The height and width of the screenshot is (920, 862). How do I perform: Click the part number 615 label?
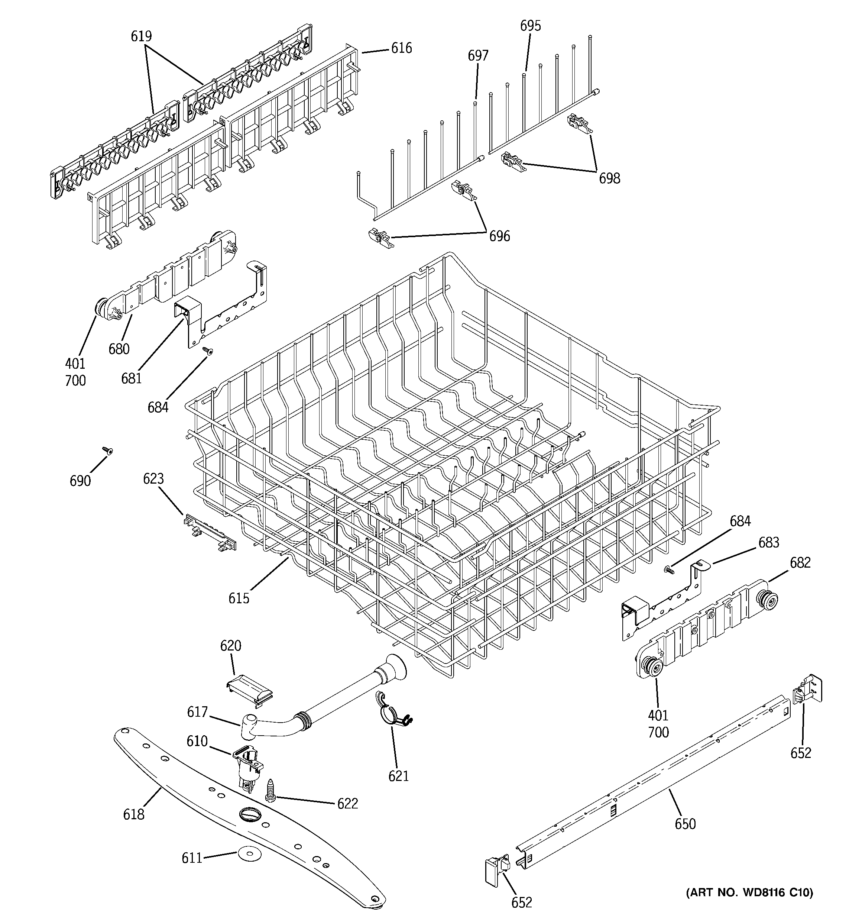pyautogui.click(x=239, y=598)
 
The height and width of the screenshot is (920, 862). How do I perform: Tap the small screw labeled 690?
pyautogui.click(x=107, y=450)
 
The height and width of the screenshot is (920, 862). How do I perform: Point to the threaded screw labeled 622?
pyautogui.click(x=270, y=790)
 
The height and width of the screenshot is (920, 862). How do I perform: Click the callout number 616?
pyautogui.click(x=401, y=48)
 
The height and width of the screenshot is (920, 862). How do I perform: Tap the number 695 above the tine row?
pyautogui.click(x=530, y=26)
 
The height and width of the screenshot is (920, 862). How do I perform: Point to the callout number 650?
pyautogui.click(x=685, y=824)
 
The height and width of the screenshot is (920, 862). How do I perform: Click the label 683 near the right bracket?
pyautogui.click(x=768, y=542)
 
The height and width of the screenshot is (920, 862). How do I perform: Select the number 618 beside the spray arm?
pyautogui.click(x=134, y=814)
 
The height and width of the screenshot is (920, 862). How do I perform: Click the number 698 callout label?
pyautogui.click(x=609, y=179)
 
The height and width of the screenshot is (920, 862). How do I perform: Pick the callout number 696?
pyautogui.click(x=500, y=236)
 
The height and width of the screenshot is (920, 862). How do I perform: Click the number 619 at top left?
pyautogui.click(x=141, y=36)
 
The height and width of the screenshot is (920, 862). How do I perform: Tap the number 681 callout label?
pyautogui.click(x=132, y=378)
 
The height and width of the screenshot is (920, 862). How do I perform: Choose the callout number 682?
pyautogui.click(x=800, y=563)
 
